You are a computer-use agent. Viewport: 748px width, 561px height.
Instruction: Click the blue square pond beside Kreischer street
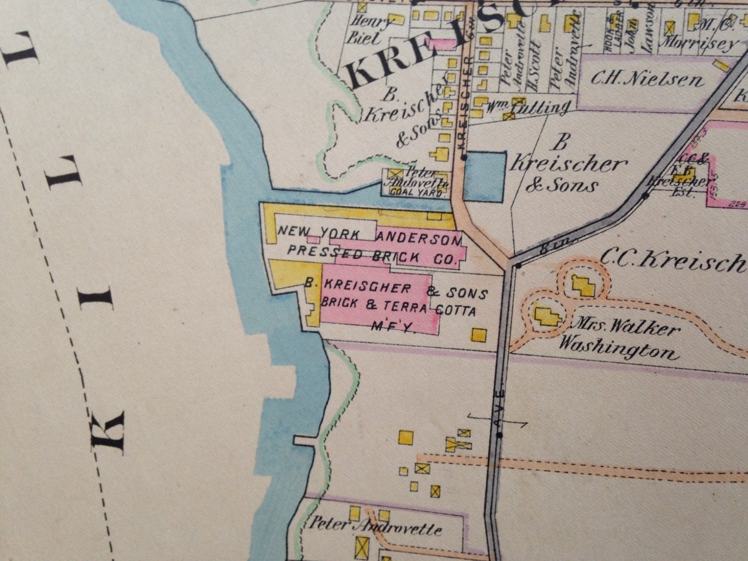point(485,177)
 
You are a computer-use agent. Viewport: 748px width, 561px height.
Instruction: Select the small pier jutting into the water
point(304,441)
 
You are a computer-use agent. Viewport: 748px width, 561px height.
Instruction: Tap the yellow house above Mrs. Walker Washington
point(583,284)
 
